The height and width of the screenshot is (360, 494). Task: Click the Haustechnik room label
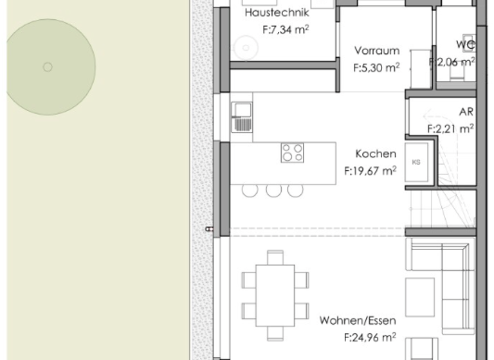point(277,13)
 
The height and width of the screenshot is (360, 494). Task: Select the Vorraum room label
point(377,51)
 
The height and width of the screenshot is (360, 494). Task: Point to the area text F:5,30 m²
point(376,67)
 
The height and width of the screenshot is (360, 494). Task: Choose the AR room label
point(466,111)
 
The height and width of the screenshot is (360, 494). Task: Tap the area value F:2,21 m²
point(450,128)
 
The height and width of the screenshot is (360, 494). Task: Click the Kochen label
point(376,154)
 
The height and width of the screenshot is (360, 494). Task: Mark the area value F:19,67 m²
point(370,171)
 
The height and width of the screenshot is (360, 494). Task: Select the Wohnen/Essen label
point(358,320)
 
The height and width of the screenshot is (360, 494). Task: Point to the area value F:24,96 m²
point(370,336)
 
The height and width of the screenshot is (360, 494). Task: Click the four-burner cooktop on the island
point(292,153)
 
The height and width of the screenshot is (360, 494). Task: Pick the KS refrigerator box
point(416,162)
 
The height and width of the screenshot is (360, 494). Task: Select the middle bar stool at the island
point(273,190)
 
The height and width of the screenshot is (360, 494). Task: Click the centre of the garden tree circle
point(47,67)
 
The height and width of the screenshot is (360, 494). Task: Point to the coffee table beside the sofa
point(419,297)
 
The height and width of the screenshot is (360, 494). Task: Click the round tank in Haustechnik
point(245,46)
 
